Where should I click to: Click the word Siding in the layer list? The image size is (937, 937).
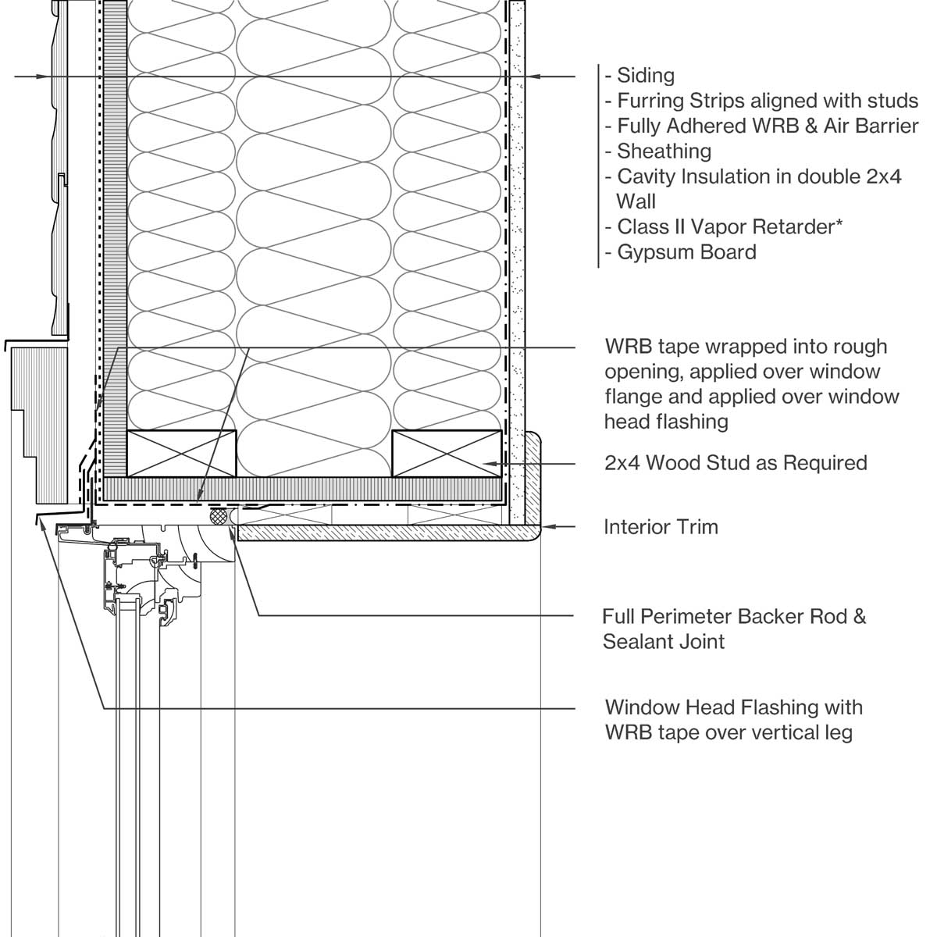coord(645,76)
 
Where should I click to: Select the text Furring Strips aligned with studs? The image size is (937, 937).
coord(767,101)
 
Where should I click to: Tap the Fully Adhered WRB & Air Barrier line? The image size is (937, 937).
coord(767,126)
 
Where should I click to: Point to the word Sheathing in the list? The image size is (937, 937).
coord(664,151)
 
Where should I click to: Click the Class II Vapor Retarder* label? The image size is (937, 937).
coord(729,226)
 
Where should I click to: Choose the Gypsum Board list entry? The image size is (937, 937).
coord(686,252)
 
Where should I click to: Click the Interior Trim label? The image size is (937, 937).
coord(661,527)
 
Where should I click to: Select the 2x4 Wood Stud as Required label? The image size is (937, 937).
coord(736,463)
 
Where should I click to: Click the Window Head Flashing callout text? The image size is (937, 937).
coord(733,707)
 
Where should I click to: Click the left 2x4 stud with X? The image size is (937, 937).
coord(181,454)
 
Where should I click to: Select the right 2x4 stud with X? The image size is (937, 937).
coord(447,454)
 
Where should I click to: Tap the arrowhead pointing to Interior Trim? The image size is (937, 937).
coord(547,527)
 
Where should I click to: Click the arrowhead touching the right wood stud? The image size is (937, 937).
coord(490,463)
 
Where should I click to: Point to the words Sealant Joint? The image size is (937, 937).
coord(664,642)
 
